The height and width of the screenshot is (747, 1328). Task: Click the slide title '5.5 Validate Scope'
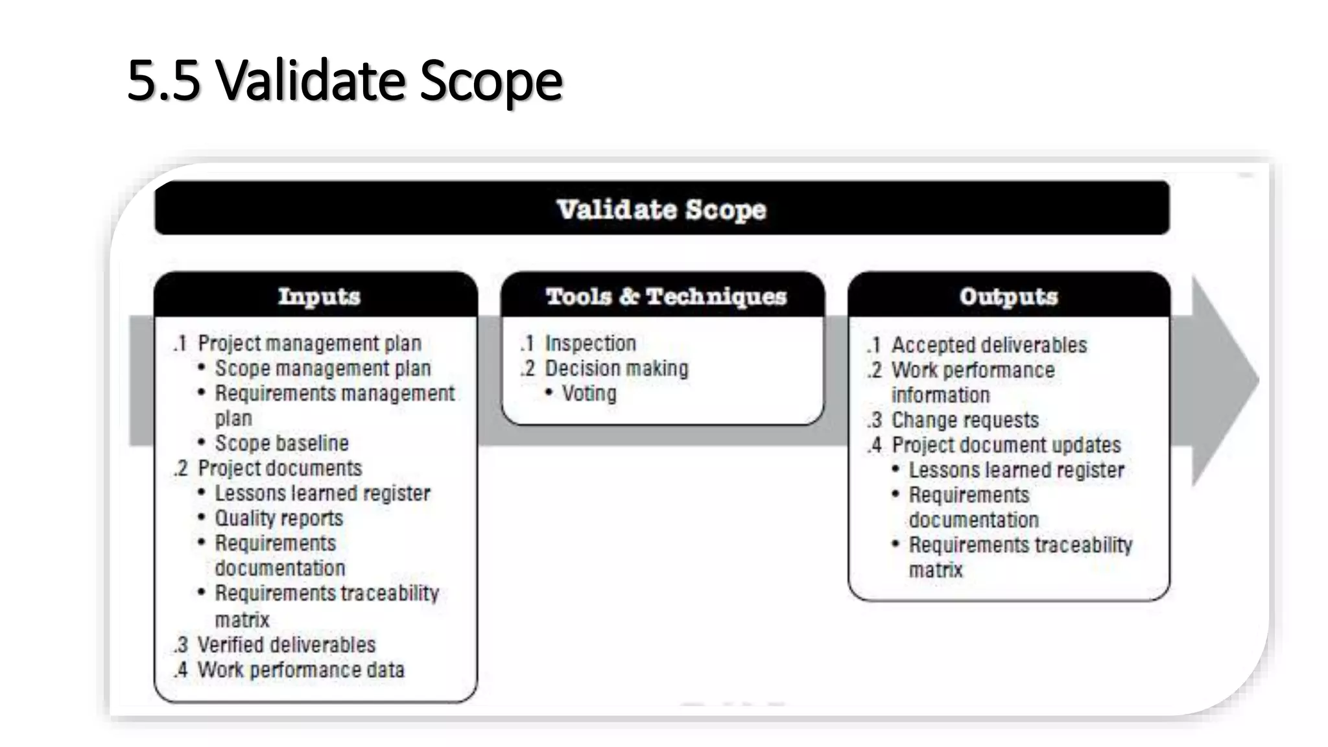[x=344, y=80]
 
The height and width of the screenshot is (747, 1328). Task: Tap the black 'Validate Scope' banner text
[x=661, y=209]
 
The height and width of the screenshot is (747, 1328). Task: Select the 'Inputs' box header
[x=318, y=296]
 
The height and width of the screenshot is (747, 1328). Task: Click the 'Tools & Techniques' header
[x=666, y=296]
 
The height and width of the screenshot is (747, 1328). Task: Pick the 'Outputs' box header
[x=1008, y=296]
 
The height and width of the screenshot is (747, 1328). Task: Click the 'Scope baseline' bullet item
[x=281, y=444]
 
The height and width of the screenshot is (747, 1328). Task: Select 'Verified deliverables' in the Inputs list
[x=286, y=645]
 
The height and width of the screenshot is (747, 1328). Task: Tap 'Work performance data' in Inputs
[x=300, y=670]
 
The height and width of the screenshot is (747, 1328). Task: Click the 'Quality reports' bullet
[x=279, y=518]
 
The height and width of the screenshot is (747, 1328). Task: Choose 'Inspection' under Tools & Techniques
[x=590, y=343]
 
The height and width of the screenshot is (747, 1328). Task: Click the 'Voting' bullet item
[x=589, y=394]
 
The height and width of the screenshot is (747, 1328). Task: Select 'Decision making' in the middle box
[x=616, y=368]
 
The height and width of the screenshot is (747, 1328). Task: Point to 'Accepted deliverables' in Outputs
[x=989, y=345]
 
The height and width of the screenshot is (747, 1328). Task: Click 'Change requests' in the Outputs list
[x=965, y=420]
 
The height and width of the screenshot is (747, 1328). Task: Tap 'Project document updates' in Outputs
[x=1006, y=445]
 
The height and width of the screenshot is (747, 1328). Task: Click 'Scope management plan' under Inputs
[x=323, y=368]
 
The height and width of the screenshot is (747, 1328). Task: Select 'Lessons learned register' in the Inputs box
[x=322, y=493]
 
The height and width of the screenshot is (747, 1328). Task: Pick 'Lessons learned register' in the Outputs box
[x=1016, y=470]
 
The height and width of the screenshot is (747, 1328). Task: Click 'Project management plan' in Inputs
[x=309, y=343]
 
